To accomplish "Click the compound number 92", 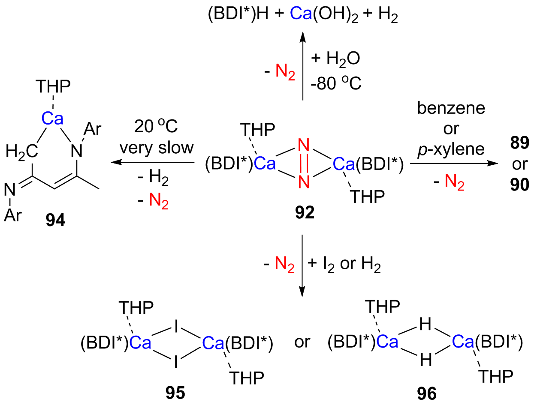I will tap(305, 212).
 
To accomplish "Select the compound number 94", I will tap(55, 220).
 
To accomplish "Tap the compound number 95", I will tap(175, 392).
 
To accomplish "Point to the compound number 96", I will tap(426, 393).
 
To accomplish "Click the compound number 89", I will tap(519, 143).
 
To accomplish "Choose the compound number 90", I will tap(519, 185).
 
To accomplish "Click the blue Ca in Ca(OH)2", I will tap(301, 14).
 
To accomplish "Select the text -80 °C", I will tap(336, 83).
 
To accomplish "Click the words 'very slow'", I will tap(157, 148).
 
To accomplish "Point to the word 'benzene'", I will tap(451, 108).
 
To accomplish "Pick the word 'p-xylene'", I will tap(451, 149).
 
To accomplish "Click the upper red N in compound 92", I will tap(304, 146).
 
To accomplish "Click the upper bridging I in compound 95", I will tap(176, 327).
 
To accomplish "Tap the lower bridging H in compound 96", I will tap(426, 360).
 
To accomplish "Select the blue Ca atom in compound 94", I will tap(52, 119).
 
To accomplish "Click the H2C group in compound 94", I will tap(21, 151).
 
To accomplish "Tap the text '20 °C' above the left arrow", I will tap(156, 127).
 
